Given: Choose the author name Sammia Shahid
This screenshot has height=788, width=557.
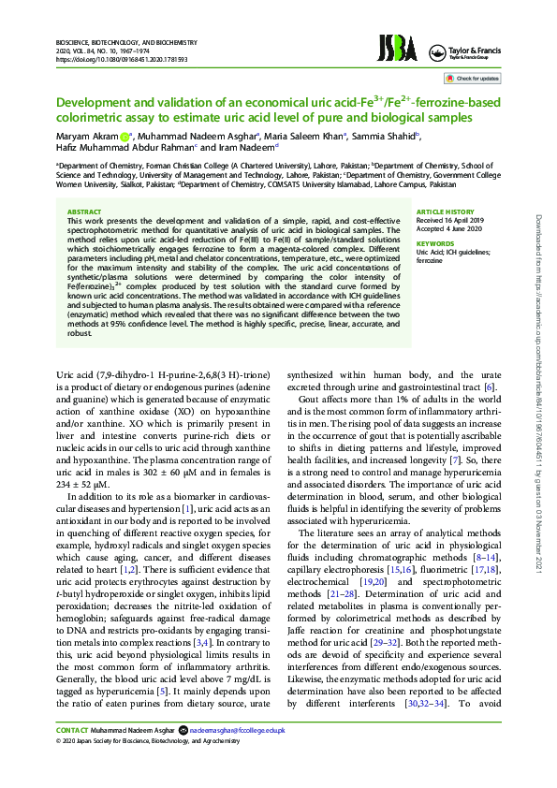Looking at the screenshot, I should (x=385, y=136).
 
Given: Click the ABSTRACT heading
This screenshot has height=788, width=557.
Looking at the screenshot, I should (x=85, y=212).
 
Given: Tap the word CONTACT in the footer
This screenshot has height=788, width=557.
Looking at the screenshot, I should (x=71, y=753).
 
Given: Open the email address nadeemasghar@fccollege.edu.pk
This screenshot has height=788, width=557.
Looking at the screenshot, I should (x=236, y=753).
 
